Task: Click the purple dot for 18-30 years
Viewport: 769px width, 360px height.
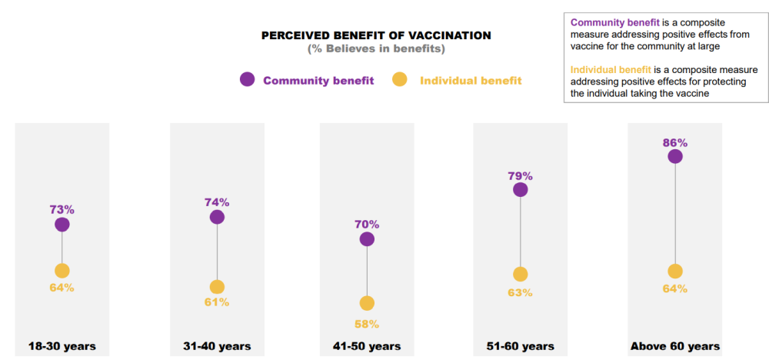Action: coord(62,225)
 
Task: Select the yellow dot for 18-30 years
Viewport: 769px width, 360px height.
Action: coord(62,271)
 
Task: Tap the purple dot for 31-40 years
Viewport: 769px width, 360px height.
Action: coord(217,217)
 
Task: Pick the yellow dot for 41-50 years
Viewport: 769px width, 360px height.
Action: coord(367,303)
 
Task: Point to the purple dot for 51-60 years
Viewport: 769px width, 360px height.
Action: coord(520,189)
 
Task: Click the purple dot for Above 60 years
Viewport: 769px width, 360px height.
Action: coord(675,157)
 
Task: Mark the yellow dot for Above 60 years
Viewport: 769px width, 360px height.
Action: coord(675,271)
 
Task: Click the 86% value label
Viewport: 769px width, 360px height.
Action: coord(675,143)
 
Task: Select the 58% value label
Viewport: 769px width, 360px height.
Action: coord(367,323)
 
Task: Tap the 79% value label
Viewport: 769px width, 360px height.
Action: coord(520,175)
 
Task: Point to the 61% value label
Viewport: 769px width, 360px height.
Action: coord(217,302)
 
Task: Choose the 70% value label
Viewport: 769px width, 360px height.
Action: coord(367,225)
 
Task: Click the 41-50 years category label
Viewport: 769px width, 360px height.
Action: coord(367,346)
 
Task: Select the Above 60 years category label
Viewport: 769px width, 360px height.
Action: coord(675,346)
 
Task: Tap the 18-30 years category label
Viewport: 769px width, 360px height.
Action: coord(62,346)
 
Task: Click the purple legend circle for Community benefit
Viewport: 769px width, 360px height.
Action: coord(248,79)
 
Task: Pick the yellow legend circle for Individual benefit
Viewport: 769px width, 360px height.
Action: coord(400,79)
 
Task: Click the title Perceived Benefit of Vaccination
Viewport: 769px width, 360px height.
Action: coord(376,35)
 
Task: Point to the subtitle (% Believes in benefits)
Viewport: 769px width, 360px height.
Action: coord(376,48)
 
